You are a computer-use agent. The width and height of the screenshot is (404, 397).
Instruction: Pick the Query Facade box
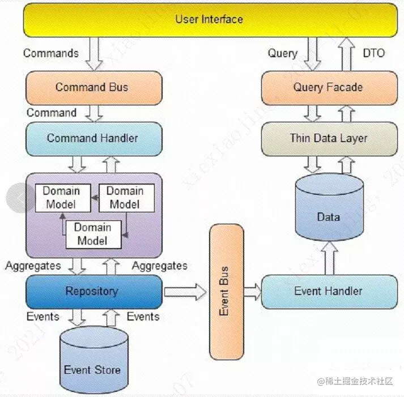coord(329,87)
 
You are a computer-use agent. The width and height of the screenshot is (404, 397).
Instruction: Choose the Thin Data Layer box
coord(329,138)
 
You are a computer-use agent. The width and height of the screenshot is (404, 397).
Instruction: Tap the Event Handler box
coord(329,292)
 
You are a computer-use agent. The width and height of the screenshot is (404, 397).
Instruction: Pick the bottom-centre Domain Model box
coord(93,233)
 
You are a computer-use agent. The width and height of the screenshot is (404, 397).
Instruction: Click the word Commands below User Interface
coord(50,53)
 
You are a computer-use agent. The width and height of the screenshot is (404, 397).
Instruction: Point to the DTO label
coord(373,53)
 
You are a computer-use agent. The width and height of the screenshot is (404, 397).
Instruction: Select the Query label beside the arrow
coord(283,53)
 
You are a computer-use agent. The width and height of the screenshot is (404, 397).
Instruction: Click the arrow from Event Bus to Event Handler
coord(253,292)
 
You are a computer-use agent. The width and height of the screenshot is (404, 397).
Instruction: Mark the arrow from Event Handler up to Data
coord(329,258)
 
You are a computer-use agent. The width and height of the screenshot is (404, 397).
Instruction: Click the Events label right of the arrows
coord(143,317)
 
